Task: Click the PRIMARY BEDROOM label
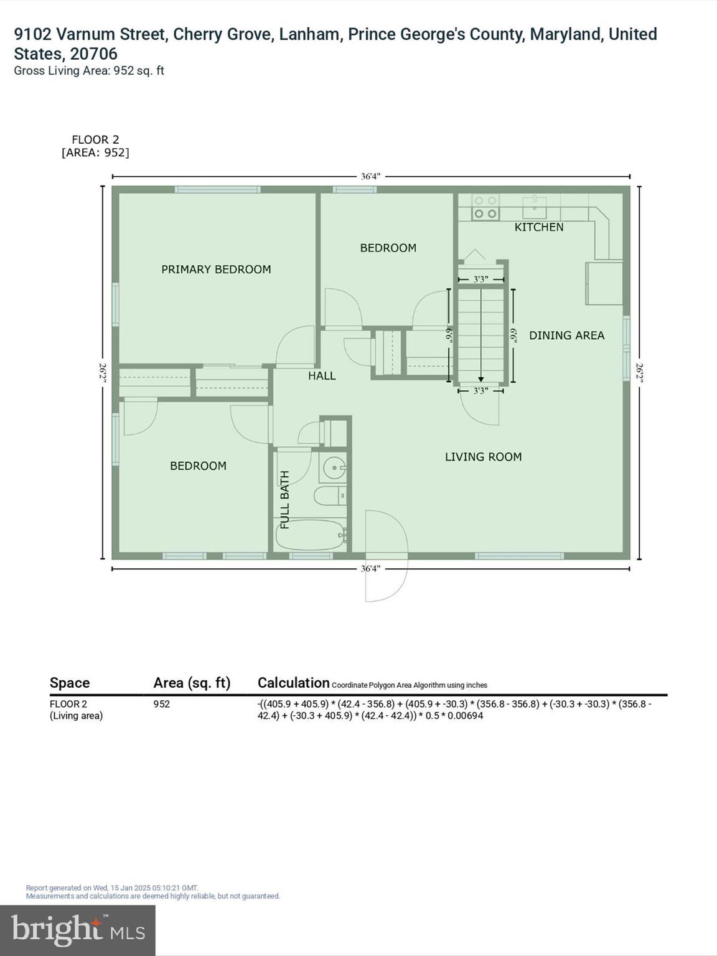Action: coord(216,269)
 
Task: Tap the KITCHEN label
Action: coord(538,227)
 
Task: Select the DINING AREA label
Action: coord(566,335)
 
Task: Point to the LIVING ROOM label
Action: coord(483,457)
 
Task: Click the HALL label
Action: coord(322,376)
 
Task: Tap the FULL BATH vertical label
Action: coord(285,500)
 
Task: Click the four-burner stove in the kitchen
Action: coord(485,207)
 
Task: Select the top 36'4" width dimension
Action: coord(370,177)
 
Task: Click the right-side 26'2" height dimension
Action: coord(639,372)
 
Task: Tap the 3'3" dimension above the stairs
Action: coord(480,279)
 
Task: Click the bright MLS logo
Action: coord(78,930)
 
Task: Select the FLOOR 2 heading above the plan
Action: coord(95,140)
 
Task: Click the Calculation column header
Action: coord(293,683)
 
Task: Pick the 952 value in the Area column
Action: coord(162,704)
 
